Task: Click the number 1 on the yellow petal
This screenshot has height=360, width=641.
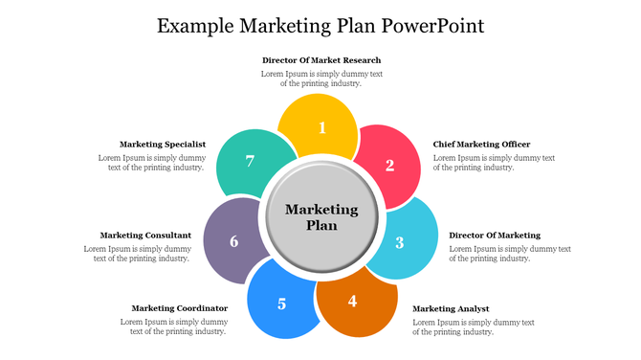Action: (322, 127)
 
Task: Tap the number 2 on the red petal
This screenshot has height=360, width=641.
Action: (389, 165)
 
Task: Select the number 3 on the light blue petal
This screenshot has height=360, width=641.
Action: (400, 242)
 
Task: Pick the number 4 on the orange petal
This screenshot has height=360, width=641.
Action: (352, 301)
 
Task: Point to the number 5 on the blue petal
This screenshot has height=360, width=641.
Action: (281, 304)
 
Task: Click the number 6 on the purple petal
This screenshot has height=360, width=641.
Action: (234, 241)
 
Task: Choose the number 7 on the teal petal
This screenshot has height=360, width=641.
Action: (250, 161)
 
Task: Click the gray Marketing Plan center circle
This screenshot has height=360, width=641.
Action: (321, 217)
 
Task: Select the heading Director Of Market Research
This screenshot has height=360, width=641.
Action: (321, 60)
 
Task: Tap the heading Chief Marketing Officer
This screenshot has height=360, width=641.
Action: (481, 145)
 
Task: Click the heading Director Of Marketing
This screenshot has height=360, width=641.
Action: (495, 235)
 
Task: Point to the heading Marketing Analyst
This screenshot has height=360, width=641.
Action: (451, 308)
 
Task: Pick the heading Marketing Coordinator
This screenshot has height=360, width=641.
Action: (180, 308)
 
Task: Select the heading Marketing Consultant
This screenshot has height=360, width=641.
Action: (145, 235)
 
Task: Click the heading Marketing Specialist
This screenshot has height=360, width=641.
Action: (163, 145)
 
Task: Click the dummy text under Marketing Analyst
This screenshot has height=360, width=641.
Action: (473, 327)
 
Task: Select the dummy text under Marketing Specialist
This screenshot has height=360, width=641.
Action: (151, 163)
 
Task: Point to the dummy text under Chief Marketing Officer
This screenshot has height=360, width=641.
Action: (494, 163)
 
